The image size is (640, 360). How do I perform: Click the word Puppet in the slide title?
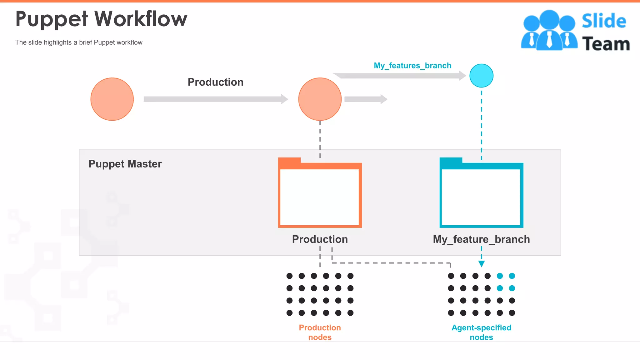click(52, 19)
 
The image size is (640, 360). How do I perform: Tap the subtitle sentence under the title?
click(79, 42)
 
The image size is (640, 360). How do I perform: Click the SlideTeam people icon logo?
click(549, 30)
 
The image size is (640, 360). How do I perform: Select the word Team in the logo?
click(606, 44)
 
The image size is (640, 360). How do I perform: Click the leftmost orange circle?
click(112, 99)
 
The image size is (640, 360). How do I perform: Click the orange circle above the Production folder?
click(320, 99)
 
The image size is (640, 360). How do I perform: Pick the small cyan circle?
click(481, 76)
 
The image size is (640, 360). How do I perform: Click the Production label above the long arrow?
click(215, 82)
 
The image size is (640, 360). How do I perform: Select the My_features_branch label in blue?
click(412, 66)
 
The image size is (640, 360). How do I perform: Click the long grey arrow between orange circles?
click(216, 99)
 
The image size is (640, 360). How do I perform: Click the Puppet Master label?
click(125, 164)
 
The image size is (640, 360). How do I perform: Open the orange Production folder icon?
click(320, 194)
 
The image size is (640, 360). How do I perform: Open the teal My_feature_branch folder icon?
click(481, 194)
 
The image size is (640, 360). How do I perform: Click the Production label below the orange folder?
click(320, 239)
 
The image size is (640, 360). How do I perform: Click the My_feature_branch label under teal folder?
click(481, 239)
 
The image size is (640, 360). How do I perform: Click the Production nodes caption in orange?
click(320, 332)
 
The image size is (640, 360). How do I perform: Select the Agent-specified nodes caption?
click(481, 332)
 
